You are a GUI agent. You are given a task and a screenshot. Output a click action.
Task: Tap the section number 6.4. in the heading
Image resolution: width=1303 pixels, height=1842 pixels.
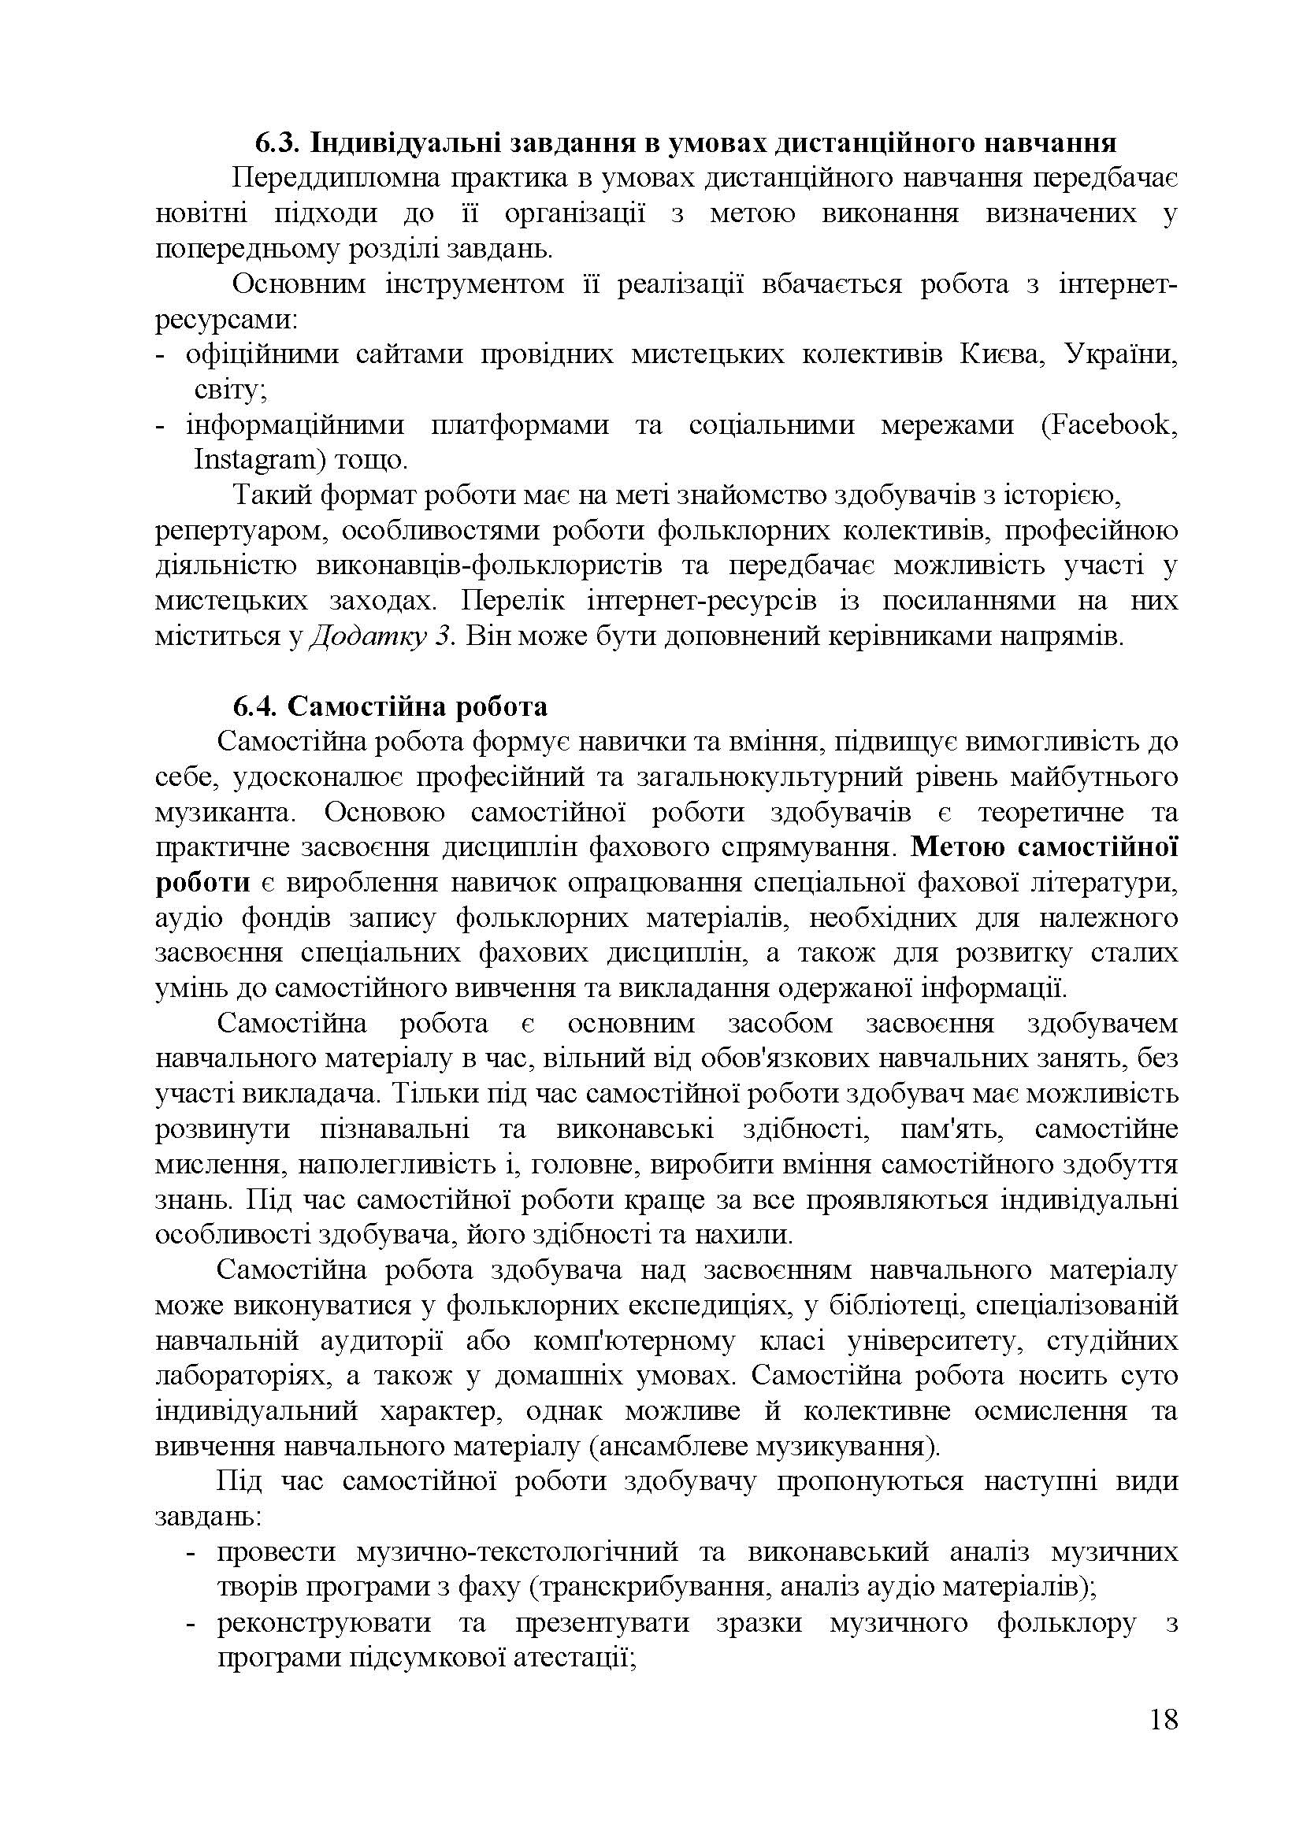[256, 706]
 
